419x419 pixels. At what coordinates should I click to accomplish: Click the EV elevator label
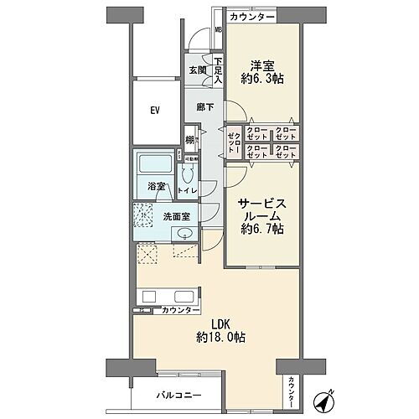(155, 110)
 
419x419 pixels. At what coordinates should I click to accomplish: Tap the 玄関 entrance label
(197, 70)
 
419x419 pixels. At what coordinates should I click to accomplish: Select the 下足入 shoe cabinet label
(218, 70)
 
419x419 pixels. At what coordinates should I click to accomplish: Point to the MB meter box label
(218, 34)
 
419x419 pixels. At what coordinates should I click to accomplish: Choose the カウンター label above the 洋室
(251, 17)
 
